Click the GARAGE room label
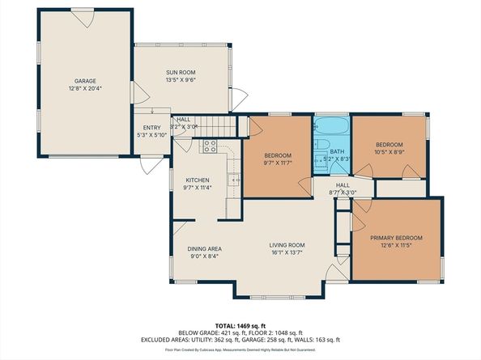(86, 81)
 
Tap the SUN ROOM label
(181, 72)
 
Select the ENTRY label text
(152, 127)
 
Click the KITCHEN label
(198, 180)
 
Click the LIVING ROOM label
(287, 245)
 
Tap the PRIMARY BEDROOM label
(397, 238)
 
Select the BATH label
(336, 151)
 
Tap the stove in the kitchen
(209, 147)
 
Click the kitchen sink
(233, 180)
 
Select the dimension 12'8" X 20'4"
(86, 90)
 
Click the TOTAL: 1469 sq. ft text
(240, 322)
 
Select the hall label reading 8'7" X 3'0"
(344, 193)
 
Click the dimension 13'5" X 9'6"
(181, 80)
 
